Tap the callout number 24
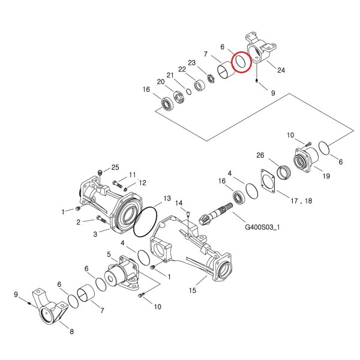click(x=281, y=70)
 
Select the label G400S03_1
click(x=262, y=227)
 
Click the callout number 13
click(x=167, y=198)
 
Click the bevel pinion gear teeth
click(x=203, y=220)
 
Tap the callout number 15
click(x=193, y=290)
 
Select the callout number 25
click(x=115, y=167)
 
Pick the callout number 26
click(x=260, y=155)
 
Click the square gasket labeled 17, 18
click(x=268, y=181)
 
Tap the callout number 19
click(x=326, y=176)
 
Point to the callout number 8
click(x=71, y=332)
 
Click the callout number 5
click(x=109, y=254)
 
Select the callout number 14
click(x=179, y=203)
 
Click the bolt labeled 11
click(x=118, y=184)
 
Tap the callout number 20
click(x=161, y=82)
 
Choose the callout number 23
click(x=192, y=62)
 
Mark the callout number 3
click(x=95, y=235)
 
